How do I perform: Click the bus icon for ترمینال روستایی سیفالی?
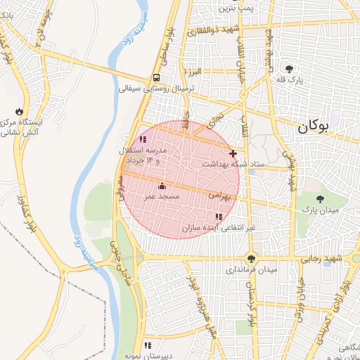click(155, 78)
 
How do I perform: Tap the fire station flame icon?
click(19, 112)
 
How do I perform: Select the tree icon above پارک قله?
click(289, 68)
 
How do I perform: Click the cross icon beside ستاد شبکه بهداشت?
click(233, 153)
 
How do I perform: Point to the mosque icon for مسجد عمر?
click(162, 186)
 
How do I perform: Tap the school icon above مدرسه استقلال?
click(143, 140)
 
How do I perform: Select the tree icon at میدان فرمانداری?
click(251, 258)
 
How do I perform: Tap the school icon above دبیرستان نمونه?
click(148, 345)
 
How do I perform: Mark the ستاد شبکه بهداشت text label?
click(234, 164)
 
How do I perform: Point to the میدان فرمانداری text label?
click(251, 269)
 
